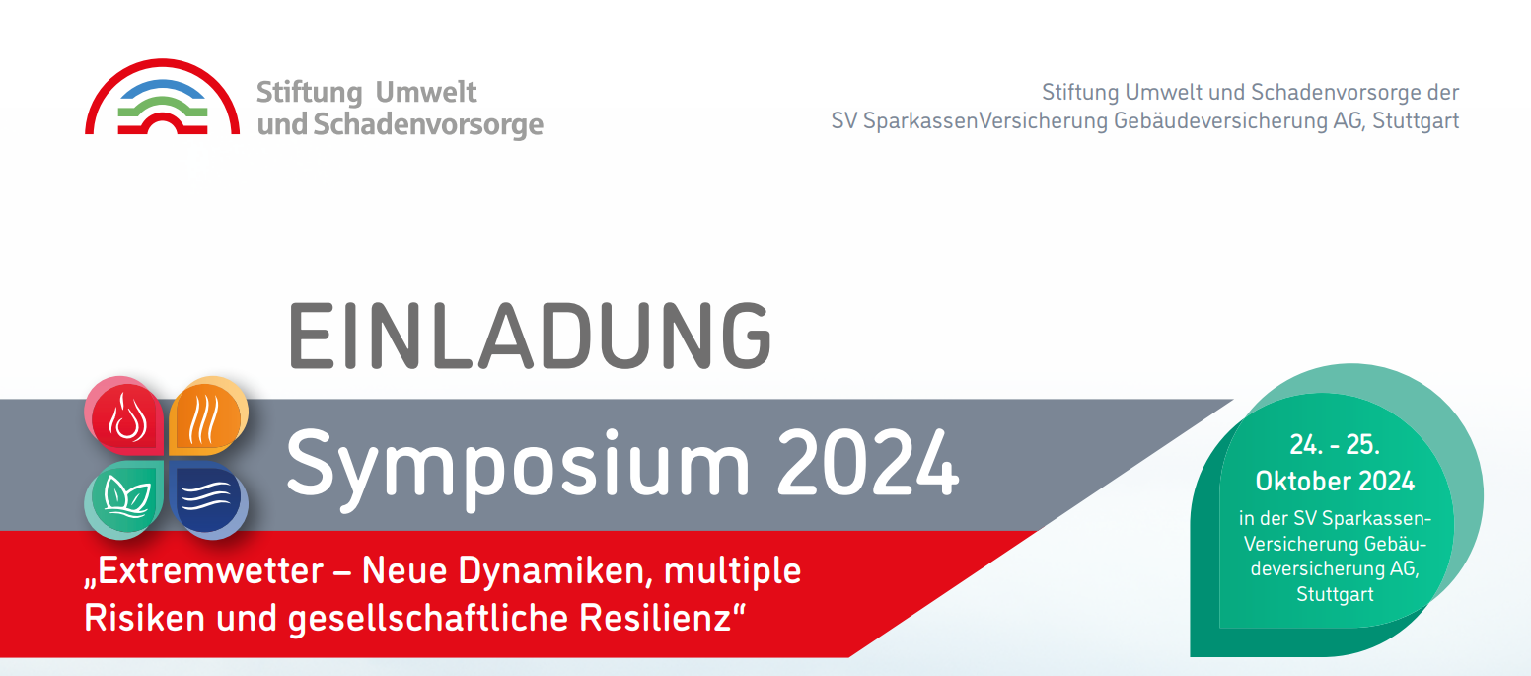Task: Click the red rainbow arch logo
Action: click(162, 68)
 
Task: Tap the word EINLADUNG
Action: click(531, 336)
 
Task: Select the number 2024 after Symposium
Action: click(868, 462)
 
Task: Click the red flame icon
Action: click(124, 415)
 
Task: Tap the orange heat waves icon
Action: click(208, 415)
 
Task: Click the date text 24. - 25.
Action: click(1334, 445)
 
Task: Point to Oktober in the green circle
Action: click(1303, 482)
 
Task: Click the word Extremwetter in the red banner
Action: click(210, 570)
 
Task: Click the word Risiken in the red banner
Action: click(145, 618)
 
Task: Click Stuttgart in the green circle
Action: click(1335, 595)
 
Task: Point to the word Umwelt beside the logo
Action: click(426, 93)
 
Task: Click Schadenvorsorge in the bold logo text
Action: click(428, 124)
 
